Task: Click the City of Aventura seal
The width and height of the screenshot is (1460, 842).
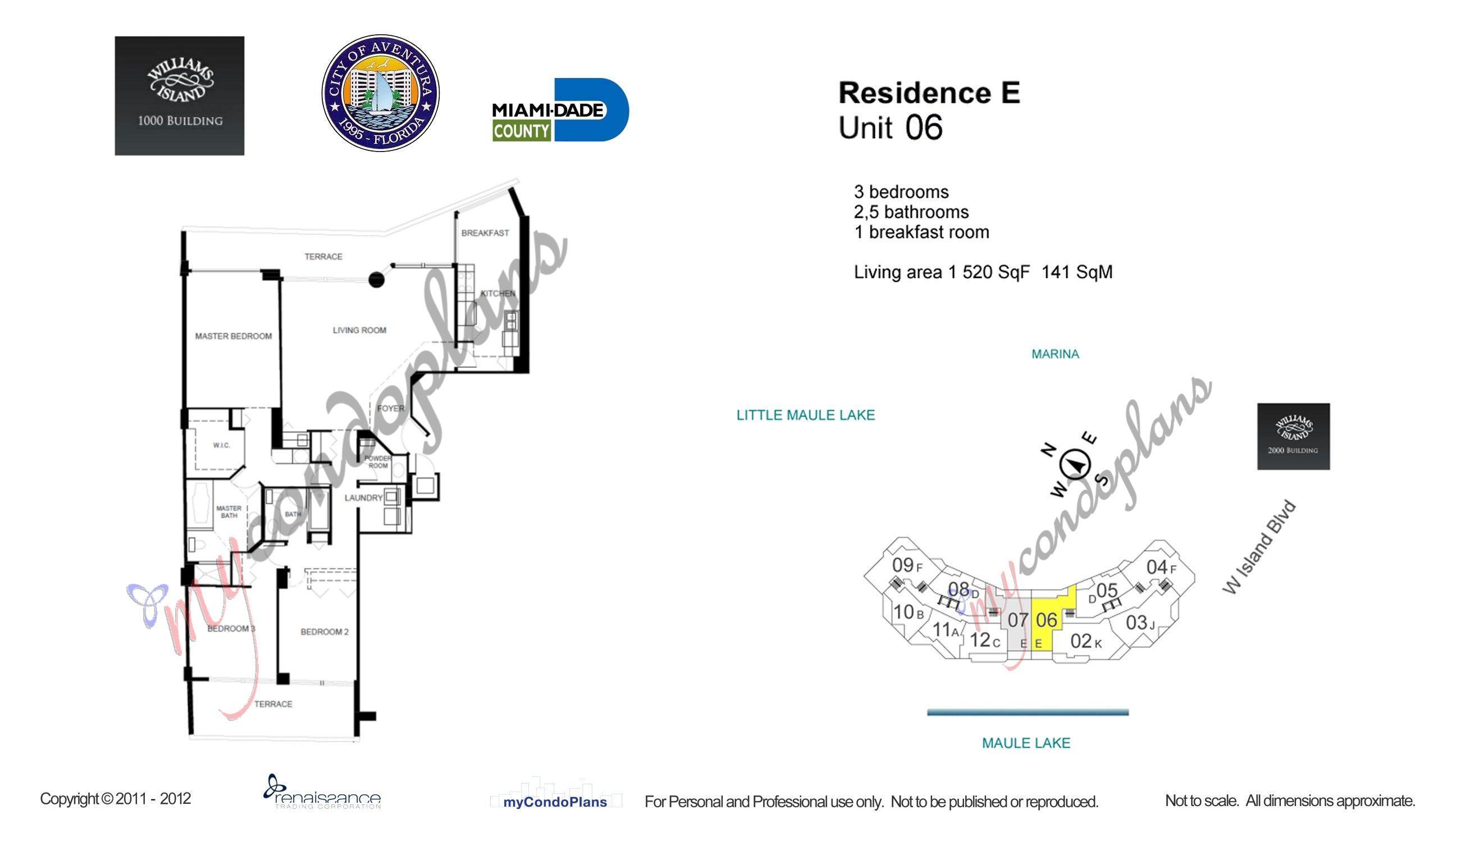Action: [380, 93]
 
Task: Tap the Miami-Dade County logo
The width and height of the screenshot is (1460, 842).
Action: [560, 110]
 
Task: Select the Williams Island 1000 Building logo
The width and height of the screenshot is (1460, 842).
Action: [179, 95]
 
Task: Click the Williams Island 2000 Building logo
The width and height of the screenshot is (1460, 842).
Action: [1293, 436]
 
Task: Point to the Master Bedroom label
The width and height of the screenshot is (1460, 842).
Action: [233, 336]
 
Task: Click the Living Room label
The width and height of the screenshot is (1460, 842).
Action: [359, 330]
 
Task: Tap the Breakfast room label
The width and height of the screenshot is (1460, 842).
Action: [485, 233]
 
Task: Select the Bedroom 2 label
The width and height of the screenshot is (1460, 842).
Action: [325, 631]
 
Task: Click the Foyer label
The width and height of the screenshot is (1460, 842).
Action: [390, 408]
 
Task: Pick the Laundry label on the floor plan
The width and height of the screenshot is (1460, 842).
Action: [363, 498]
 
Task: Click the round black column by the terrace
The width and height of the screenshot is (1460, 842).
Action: [377, 280]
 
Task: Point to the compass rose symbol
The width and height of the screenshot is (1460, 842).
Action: [1075, 464]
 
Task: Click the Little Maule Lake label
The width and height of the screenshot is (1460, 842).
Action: [805, 415]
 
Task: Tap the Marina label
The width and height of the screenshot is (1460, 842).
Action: [1055, 354]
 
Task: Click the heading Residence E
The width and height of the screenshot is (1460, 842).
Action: [929, 93]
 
